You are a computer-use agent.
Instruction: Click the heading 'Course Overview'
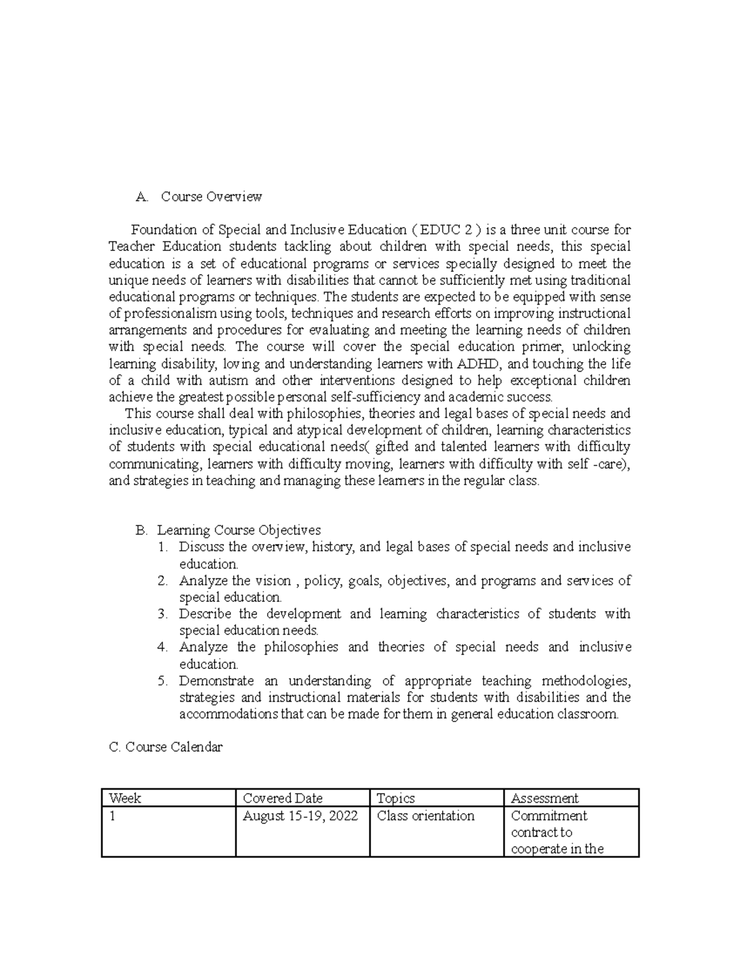[x=211, y=197]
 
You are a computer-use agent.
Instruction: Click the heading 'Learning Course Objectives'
[x=239, y=530]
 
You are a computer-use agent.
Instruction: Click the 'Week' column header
[x=125, y=798]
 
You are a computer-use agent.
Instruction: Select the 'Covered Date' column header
[x=282, y=798]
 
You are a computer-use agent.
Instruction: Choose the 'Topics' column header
[x=395, y=798]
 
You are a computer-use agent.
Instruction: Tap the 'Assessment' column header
[x=545, y=798]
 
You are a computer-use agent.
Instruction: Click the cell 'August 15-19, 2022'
[x=300, y=816]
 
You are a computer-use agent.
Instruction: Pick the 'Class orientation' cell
[x=425, y=816]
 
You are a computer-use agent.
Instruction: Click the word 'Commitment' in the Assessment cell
[x=549, y=816]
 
